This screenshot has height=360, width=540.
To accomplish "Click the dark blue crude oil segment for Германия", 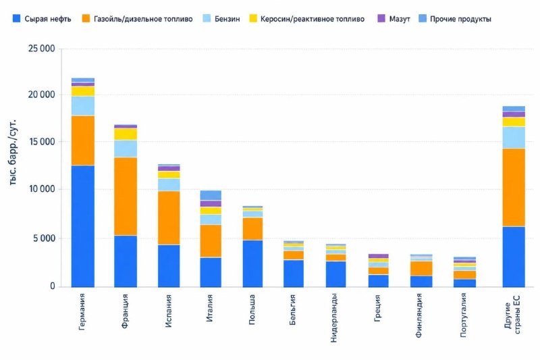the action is [82, 226].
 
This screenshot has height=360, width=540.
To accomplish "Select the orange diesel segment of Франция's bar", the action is [126, 197].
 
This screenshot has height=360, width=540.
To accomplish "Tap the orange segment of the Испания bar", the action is [169, 218].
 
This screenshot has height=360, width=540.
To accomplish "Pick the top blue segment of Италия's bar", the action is [211, 195].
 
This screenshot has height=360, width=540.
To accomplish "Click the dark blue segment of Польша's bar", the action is [252, 263].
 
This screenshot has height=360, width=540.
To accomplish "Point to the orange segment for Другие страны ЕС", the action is [514, 187].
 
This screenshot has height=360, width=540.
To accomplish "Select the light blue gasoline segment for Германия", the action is [82, 106].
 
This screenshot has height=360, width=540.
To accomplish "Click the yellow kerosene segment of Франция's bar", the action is [126, 134].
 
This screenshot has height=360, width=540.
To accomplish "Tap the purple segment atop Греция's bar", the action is [378, 256].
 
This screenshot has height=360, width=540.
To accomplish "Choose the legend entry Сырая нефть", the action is [42, 19].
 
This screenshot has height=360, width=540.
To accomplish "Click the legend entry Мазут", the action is [394, 19].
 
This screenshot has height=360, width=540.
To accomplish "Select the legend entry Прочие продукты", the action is [455, 19].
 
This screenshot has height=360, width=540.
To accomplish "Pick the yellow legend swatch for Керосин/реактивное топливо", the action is [254, 18].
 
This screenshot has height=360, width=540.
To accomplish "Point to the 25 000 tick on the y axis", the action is [42, 49].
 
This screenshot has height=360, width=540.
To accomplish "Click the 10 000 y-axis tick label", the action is [42, 189].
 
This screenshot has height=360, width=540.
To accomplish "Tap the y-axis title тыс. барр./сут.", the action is [13, 153].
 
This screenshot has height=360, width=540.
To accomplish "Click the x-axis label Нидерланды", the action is [333, 318].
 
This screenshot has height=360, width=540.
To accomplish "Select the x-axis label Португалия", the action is [463, 315].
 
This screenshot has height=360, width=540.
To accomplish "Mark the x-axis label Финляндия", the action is [418, 315].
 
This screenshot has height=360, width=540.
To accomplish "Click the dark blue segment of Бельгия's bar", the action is [294, 274].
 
